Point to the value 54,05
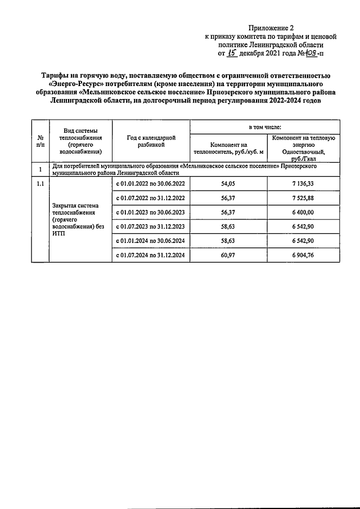228,184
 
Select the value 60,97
228,255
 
